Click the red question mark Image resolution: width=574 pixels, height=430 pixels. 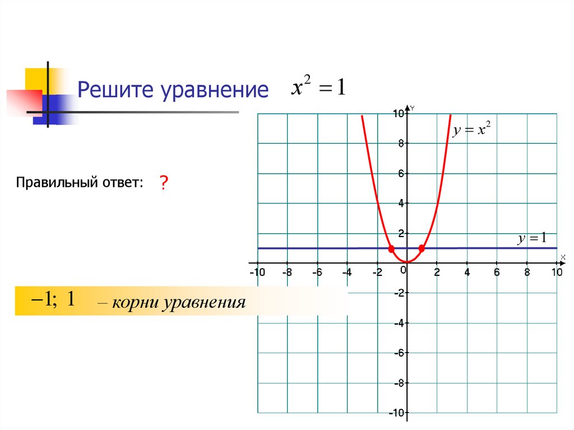pos(164,183)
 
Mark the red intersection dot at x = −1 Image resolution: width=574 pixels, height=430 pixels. pos(391,248)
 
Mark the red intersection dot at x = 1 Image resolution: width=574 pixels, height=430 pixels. pos(422,248)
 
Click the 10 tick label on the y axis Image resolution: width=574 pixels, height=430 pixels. pos(398,114)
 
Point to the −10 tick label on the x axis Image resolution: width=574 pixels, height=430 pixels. pos(256,272)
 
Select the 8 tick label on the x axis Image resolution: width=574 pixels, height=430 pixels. pos(527,272)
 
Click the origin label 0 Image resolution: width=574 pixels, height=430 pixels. pos(403,270)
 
